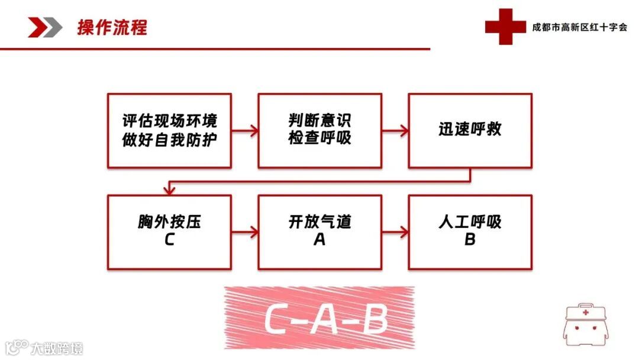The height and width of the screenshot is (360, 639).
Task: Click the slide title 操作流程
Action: coord(112,27)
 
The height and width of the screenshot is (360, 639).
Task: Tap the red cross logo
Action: coord(504,27)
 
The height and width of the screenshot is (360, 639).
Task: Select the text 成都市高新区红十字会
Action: coord(579,27)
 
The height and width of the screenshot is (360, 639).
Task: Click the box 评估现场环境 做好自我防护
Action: coord(169,130)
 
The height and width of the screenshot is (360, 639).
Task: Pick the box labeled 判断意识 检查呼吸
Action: coord(319,130)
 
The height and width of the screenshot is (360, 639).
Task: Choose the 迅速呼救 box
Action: coord(470,130)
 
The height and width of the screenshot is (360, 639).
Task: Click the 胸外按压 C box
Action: coord(169,232)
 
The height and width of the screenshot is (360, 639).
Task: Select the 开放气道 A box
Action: coord(319,232)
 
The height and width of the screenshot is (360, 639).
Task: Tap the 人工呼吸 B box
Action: coord(470,232)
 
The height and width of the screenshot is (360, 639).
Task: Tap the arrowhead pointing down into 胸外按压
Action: coord(170,190)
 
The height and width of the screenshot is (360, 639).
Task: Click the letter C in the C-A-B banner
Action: coord(276,320)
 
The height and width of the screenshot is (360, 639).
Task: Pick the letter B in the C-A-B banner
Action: coord(373,320)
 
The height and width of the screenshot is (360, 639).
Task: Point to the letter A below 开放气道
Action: coord(319,240)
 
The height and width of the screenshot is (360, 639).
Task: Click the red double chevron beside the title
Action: coord(45,27)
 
